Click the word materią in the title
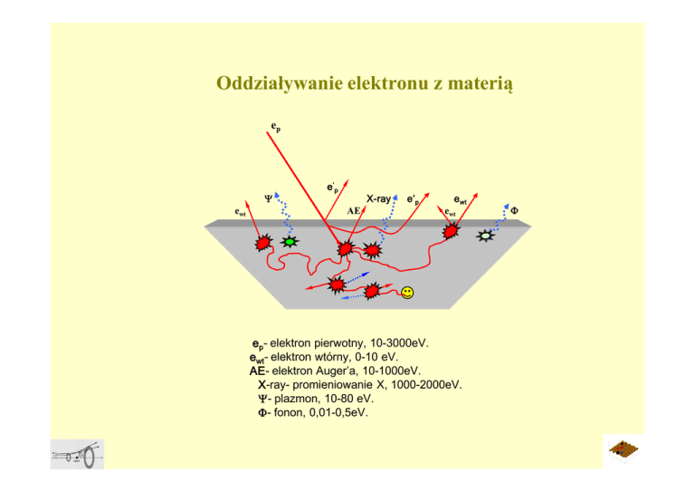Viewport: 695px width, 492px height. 479,84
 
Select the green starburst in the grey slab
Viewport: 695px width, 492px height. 290,242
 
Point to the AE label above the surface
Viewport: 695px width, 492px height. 354,209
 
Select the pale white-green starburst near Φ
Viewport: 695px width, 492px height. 486,236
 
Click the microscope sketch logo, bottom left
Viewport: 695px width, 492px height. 78,456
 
